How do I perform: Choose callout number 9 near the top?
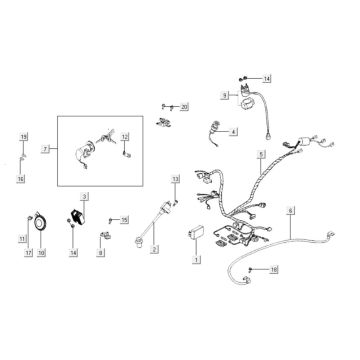tap(226, 93)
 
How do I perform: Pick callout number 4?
tap(233, 131)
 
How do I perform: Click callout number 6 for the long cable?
tap(290, 212)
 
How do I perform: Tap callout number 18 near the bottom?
tap(275, 269)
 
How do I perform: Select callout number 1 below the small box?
tap(196, 258)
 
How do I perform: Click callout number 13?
tap(174, 178)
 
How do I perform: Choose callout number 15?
tap(124, 219)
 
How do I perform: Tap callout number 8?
tap(101, 254)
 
